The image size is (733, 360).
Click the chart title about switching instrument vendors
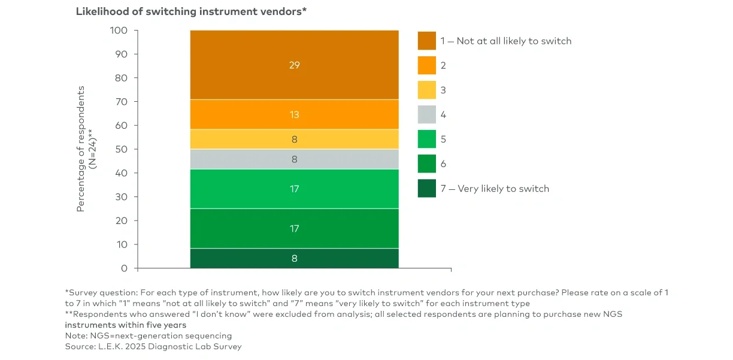click(x=191, y=11)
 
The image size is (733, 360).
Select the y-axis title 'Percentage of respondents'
click(x=81, y=149)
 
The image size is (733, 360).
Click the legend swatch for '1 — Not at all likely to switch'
click(x=426, y=41)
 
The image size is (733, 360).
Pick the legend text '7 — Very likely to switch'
click(x=495, y=189)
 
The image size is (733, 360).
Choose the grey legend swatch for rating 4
click(x=426, y=114)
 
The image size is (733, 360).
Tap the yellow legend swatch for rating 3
click(x=426, y=90)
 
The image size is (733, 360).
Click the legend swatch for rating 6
click(x=426, y=164)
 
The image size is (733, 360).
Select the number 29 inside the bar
click(x=294, y=65)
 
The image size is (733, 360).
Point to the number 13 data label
click(x=294, y=114)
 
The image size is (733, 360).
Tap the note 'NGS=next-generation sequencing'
click(x=149, y=335)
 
